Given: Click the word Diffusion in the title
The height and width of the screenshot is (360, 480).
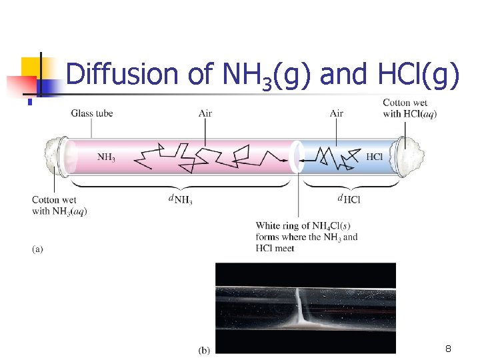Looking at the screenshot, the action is point(123,74).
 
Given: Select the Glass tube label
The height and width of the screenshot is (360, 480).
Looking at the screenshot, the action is point(92,113).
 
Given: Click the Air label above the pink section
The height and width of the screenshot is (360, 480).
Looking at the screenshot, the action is point(205,113).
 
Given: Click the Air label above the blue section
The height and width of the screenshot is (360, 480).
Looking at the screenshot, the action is point(337,113).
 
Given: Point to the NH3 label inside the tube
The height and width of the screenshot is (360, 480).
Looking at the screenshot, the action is point(107,158).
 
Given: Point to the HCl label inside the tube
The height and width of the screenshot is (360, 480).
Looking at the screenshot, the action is point(374,157).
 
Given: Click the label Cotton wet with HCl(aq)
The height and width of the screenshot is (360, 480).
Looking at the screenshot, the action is point(409,108).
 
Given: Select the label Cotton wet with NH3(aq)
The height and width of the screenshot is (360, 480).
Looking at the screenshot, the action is point(59,205).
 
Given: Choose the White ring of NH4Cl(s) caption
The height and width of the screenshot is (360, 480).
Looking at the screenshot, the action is point(306,237).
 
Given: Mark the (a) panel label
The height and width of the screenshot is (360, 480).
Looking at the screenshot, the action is point(37,249).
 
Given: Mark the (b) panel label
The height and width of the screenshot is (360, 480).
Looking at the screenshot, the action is point(206,349).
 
